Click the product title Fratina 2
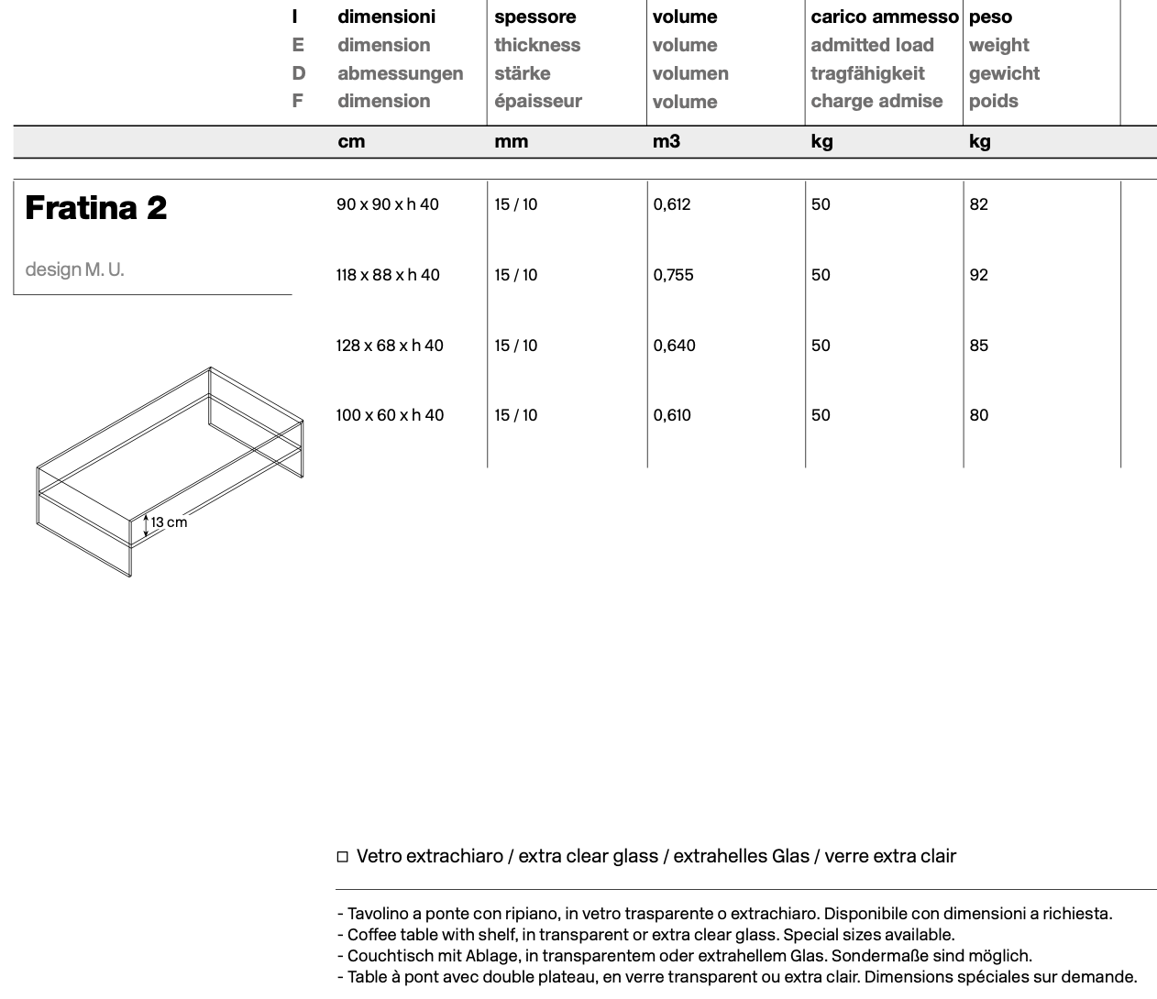[x=95, y=208]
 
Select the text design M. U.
[x=74, y=269]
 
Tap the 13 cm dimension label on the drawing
[x=169, y=522]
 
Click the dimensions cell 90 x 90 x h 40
[x=387, y=204]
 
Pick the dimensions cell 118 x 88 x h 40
[x=387, y=275]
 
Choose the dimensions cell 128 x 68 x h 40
[x=389, y=346]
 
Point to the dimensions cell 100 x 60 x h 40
[x=389, y=415]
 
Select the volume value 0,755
[x=673, y=275]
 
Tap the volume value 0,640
[x=674, y=346]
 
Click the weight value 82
[x=978, y=204]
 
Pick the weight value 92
[x=978, y=275]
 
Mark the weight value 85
[x=978, y=346]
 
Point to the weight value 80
[x=978, y=415]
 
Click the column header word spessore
[x=534, y=17]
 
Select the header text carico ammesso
[x=884, y=17]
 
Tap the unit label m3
[x=666, y=141]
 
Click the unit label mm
[x=511, y=141]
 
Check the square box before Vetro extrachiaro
[x=343, y=857]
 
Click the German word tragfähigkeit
[x=866, y=73]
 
